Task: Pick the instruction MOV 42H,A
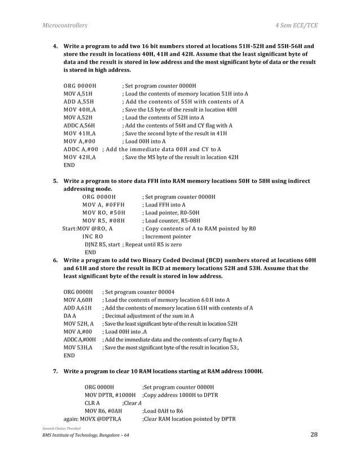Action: click(79, 156)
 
